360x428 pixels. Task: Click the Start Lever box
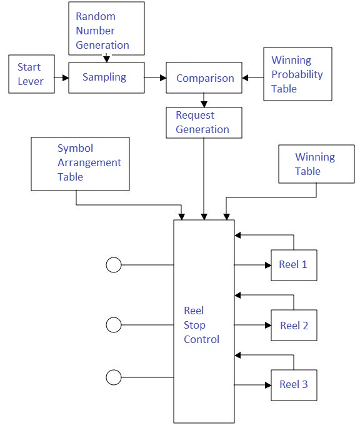pyautogui.click(x=29, y=74)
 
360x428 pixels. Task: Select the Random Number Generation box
pyautogui.click(x=106, y=28)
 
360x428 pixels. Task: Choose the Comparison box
pyautogui.click(x=204, y=78)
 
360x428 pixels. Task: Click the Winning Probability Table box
pyautogui.click(x=297, y=74)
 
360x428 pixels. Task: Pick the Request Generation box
pyautogui.click(x=202, y=122)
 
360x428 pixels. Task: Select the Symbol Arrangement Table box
pyautogui.click(x=80, y=163)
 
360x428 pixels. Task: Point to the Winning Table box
pyautogui.click(x=316, y=164)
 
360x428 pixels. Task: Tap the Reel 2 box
pyautogui.click(x=294, y=326)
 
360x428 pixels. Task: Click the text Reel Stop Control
pyautogui.click(x=201, y=326)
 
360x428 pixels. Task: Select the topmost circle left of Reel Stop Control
pyautogui.click(x=113, y=265)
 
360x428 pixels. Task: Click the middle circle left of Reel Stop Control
pyautogui.click(x=113, y=325)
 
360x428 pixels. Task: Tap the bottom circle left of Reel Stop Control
pyautogui.click(x=113, y=377)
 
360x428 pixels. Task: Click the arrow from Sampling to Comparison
pyautogui.click(x=155, y=78)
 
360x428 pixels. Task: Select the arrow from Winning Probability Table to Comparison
pyautogui.click(x=252, y=78)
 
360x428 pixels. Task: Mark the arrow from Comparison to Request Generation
pyautogui.click(x=204, y=100)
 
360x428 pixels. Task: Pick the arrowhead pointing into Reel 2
pyautogui.click(x=267, y=326)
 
